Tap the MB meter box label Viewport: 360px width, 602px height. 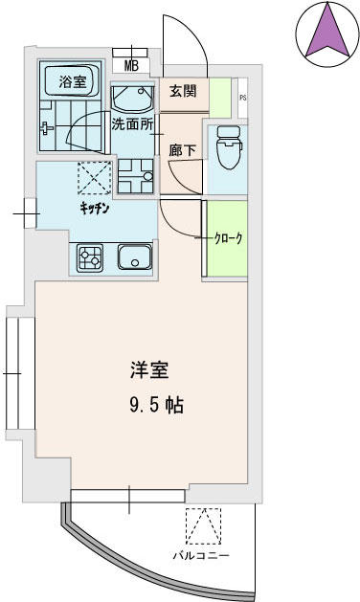click(x=131, y=66)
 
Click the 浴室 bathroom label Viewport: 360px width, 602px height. click(x=72, y=81)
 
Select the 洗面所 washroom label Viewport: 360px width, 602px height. click(x=132, y=124)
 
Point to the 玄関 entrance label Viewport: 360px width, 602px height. click(x=183, y=91)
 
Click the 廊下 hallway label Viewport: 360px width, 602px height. click(x=183, y=150)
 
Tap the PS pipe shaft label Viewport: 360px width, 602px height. click(x=243, y=98)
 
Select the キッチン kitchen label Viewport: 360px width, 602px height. click(x=95, y=209)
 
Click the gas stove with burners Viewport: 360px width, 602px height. click(x=89, y=258)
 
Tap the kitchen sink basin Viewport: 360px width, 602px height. click(x=134, y=257)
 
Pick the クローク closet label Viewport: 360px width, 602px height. click(x=229, y=239)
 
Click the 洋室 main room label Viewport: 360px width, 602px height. click(x=149, y=370)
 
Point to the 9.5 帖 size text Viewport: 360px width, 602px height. click(x=156, y=405)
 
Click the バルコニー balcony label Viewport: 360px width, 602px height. click(x=201, y=556)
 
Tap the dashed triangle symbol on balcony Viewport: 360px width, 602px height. click(x=203, y=526)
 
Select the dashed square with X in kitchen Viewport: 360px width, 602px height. click(x=95, y=178)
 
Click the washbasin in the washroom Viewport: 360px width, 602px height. click(x=132, y=99)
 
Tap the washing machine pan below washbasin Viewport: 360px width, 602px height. click(x=136, y=176)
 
